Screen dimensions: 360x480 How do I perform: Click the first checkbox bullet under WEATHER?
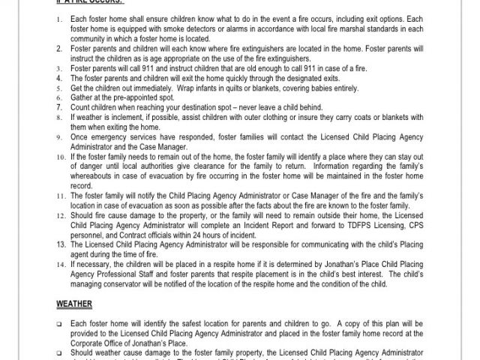[x=59, y=322]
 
